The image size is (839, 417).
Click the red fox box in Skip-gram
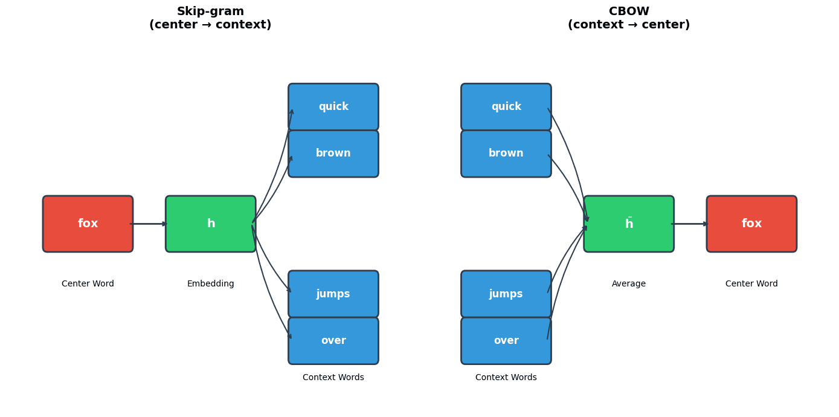click(x=88, y=224)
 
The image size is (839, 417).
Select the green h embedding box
click(x=210, y=224)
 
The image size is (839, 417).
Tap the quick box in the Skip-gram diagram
click(x=333, y=107)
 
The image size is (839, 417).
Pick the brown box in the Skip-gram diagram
click(x=333, y=154)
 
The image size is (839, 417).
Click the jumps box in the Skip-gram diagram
click(x=333, y=294)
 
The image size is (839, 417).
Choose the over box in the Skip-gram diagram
click(x=333, y=341)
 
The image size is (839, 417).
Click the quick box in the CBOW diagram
click(x=506, y=107)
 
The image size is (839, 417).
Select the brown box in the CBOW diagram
click(x=506, y=154)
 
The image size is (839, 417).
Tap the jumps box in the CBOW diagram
click(x=506, y=294)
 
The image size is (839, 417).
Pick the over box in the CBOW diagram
click(x=506, y=341)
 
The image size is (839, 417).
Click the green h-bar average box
click(x=629, y=224)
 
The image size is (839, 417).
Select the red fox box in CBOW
click(x=751, y=224)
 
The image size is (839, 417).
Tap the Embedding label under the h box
click(x=210, y=284)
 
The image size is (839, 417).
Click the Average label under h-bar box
click(x=629, y=284)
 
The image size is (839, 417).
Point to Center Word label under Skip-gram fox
click(x=88, y=284)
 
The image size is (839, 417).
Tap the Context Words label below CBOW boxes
click(x=506, y=378)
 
